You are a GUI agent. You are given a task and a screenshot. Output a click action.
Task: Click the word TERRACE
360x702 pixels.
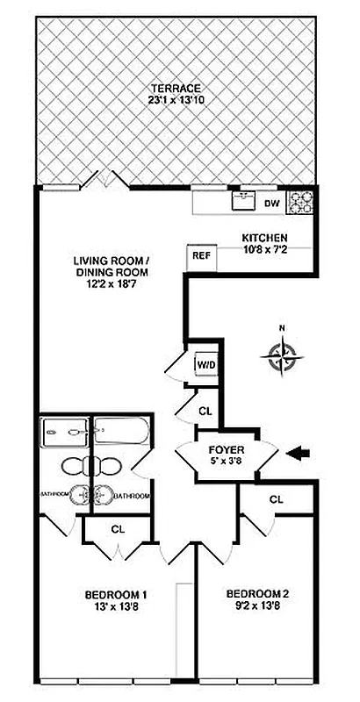176,89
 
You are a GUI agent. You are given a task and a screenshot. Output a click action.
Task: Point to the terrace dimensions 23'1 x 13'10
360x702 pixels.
176,102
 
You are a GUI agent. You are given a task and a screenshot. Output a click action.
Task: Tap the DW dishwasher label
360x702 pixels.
271,204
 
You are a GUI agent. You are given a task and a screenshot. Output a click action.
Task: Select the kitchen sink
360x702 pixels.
243,201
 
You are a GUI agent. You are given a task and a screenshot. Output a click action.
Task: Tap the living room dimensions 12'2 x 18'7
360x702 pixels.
111,284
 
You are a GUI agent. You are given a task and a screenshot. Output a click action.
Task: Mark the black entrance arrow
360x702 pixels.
299,452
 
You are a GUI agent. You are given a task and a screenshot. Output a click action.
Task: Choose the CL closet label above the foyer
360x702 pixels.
205,410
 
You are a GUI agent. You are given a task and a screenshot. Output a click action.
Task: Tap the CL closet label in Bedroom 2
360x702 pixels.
276,499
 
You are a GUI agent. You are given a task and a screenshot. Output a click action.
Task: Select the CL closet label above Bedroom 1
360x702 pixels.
117,529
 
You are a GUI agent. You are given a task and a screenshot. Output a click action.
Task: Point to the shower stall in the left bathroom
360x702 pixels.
63,431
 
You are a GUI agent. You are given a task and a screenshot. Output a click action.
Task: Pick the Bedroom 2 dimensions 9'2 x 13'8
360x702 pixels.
256,605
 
